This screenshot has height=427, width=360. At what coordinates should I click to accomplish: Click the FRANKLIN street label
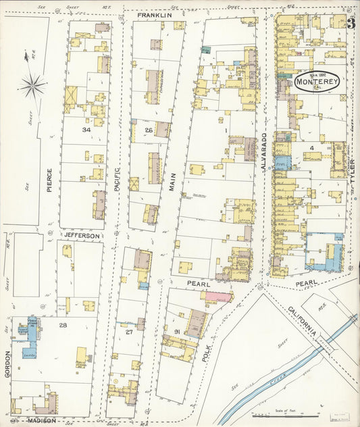155,14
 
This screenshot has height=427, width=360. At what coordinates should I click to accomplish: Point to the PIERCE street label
49,180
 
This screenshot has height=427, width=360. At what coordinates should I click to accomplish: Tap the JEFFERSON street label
82,235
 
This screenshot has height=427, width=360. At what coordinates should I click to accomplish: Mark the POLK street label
207,351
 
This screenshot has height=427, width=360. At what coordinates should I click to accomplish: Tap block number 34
86,129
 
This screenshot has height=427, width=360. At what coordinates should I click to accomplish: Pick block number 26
148,130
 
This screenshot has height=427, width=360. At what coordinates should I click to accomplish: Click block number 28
62,326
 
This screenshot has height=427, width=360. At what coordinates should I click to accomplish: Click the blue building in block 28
31,332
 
